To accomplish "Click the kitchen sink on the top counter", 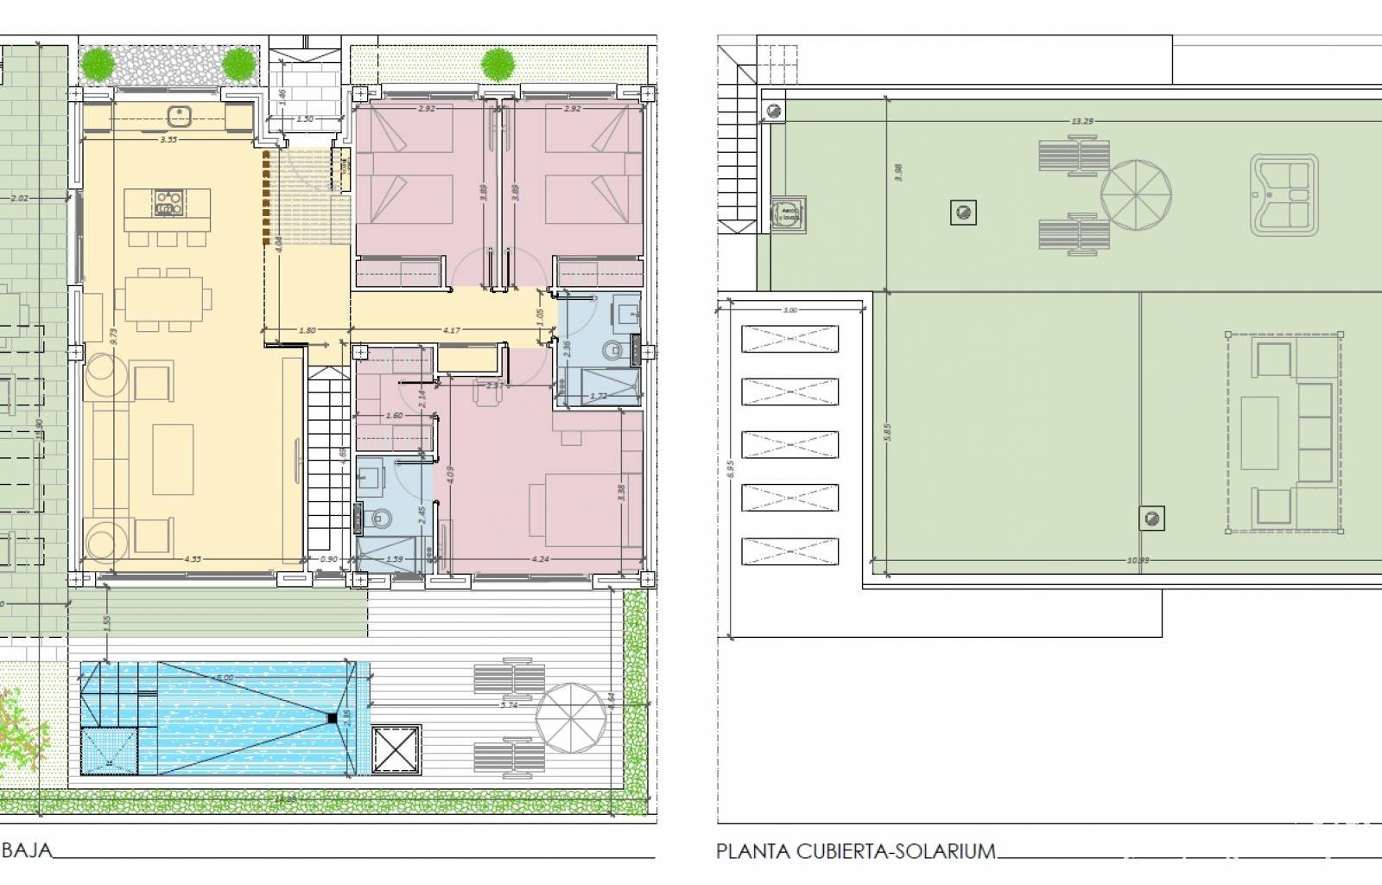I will click(x=181, y=112).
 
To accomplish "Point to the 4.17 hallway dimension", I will click(x=450, y=330).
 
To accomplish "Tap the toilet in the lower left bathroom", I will click(x=380, y=519).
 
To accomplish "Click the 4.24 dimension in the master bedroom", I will click(x=541, y=559).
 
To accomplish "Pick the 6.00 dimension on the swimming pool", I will click(x=225, y=678).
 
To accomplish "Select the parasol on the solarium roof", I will click(x=1136, y=193).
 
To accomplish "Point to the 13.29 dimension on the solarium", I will click(x=1081, y=121).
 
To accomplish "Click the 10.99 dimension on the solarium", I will click(x=1138, y=560).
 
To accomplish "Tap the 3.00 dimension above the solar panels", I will click(x=789, y=310).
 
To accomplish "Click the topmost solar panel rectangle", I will click(x=789, y=339).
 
